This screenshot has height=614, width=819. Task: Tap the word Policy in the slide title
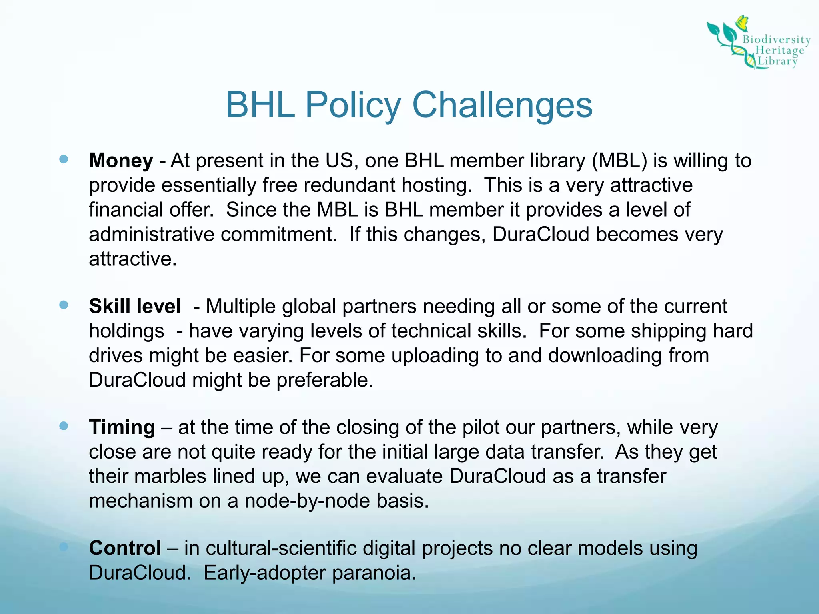coord(353,105)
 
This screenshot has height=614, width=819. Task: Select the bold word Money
coord(121,161)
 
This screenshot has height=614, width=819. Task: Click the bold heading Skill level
coord(135,306)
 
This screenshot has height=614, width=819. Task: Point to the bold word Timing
coord(122,427)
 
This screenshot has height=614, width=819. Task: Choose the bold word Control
coord(125,548)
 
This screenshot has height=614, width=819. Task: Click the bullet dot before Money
coord(64,159)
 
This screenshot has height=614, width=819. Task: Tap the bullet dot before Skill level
coord(64,305)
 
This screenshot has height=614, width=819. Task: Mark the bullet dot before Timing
coord(64,426)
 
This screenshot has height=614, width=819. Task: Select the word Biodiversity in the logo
coord(776,40)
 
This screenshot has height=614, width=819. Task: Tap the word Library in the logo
coord(777,61)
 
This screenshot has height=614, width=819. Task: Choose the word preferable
coord(325,380)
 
